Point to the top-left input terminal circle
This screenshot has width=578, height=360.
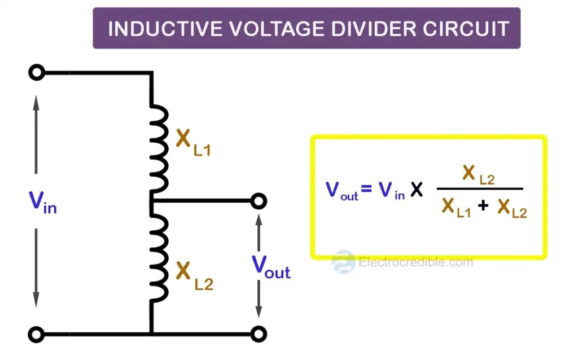pyautogui.click(x=36, y=73)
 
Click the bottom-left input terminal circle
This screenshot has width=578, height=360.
pyautogui.click(x=36, y=335)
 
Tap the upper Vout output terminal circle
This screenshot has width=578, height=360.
pyautogui.click(x=259, y=200)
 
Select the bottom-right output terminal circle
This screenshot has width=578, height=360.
pyautogui.click(x=259, y=335)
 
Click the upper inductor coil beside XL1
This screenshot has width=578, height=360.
pyautogui.click(x=160, y=150)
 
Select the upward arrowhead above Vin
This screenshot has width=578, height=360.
pyautogui.click(x=36, y=102)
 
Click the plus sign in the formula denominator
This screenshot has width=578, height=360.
pyautogui.click(x=483, y=206)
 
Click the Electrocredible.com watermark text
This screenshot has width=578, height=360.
pyautogui.click(x=415, y=262)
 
